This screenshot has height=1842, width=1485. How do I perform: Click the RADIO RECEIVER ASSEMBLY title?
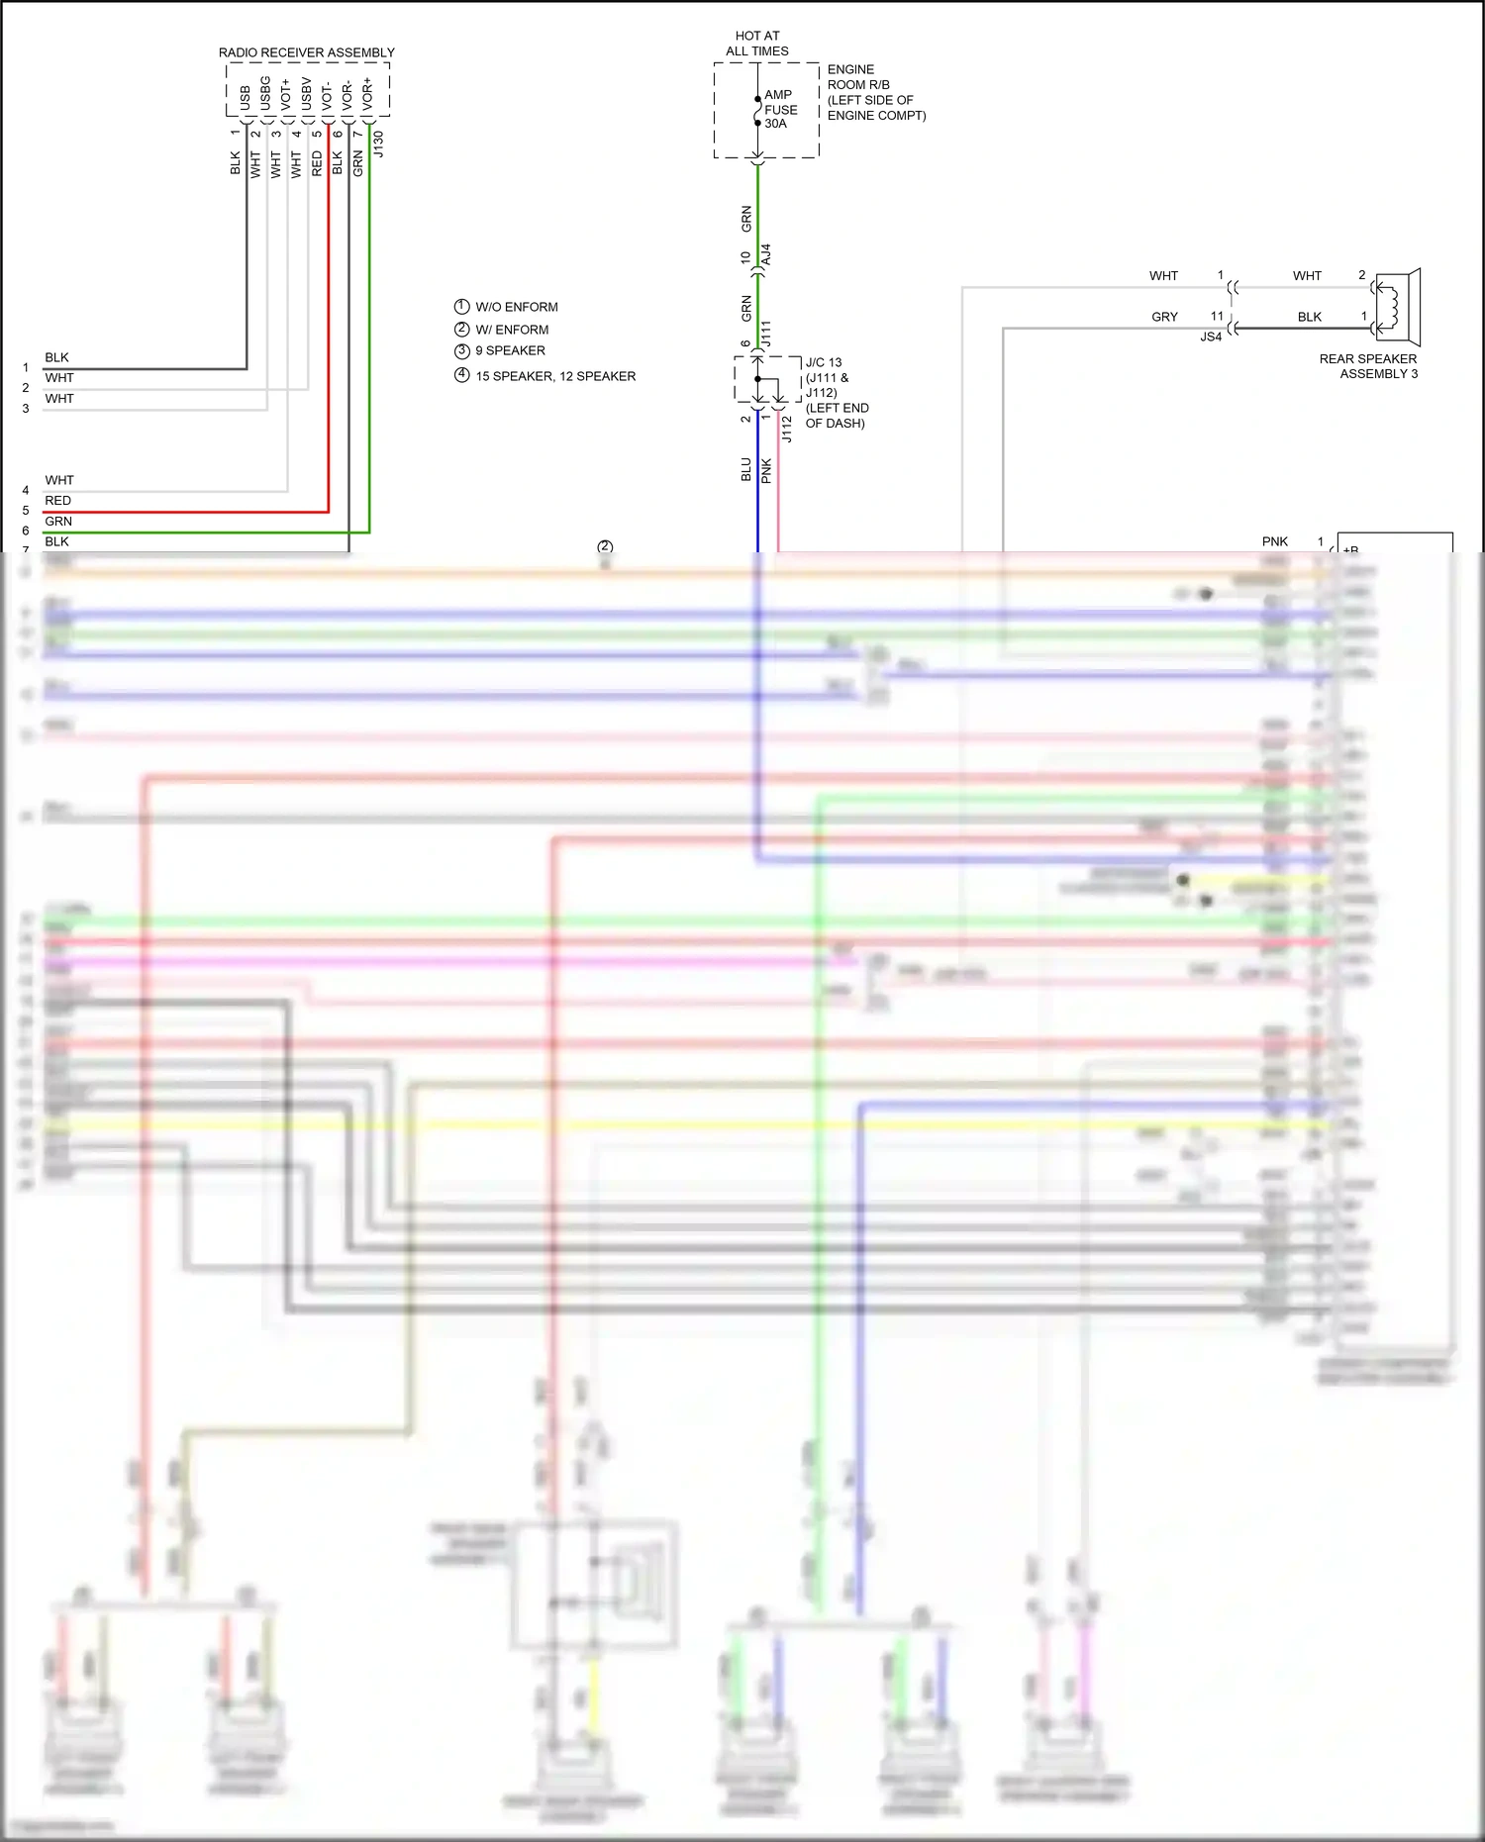pos(306,52)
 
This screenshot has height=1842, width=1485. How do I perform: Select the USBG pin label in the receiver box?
pos(265,93)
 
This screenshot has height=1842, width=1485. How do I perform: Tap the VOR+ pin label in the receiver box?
pos(367,93)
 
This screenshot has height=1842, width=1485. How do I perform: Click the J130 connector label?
pos(378,145)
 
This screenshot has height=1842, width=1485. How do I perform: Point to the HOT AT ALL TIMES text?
pos(757,44)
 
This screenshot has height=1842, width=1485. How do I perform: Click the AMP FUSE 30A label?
pos(780,109)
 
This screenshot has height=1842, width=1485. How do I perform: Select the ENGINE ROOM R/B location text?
pos(876,92)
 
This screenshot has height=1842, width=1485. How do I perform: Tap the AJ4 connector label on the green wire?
pos(766,254)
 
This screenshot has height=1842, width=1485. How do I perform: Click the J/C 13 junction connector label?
pos(824,362)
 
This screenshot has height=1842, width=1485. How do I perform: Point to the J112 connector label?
pos(787,429)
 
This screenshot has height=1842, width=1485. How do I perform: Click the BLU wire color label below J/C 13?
pos(746,469)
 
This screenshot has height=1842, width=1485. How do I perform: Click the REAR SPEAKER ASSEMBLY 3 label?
pos(1368,366)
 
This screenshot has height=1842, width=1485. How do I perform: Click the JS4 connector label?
pos(1211,337)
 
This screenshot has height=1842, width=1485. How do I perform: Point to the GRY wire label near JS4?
pos(1164,317)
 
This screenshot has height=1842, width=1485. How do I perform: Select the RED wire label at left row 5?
pos(57,501)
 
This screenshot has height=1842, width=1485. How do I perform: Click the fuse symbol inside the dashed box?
pos(757,110)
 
